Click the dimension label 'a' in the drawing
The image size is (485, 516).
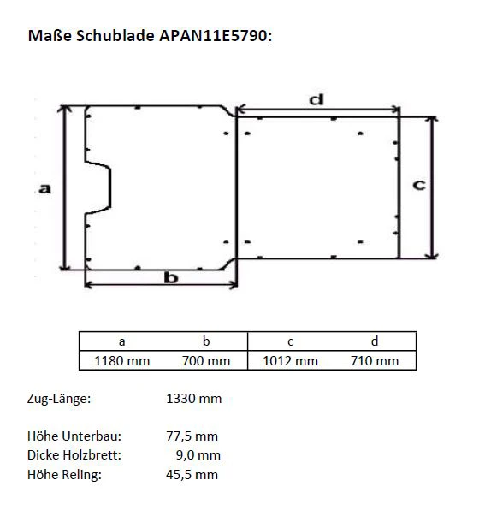[x=45, y=187]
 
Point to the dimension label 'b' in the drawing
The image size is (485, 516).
[x=170, y=278]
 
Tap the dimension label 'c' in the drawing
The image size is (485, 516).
[x=419, y=185]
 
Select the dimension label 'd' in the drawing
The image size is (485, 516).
[x=316, y=99]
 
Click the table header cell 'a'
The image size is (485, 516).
[x=121, y=341]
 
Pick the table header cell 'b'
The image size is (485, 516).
[x=206, y=341]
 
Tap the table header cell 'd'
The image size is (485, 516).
[x=375, y=341]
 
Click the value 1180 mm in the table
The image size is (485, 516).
[x=121, y=360]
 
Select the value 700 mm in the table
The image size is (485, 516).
[x=206, y=360]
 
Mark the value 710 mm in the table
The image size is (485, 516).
[x=375, y=360]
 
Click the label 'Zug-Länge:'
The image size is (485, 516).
[x=59, y=399]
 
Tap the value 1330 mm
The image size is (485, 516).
[x=192, y=399]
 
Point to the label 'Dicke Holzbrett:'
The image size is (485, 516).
[x=74, y=455]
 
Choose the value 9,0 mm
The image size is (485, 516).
[x=197, y=455]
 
